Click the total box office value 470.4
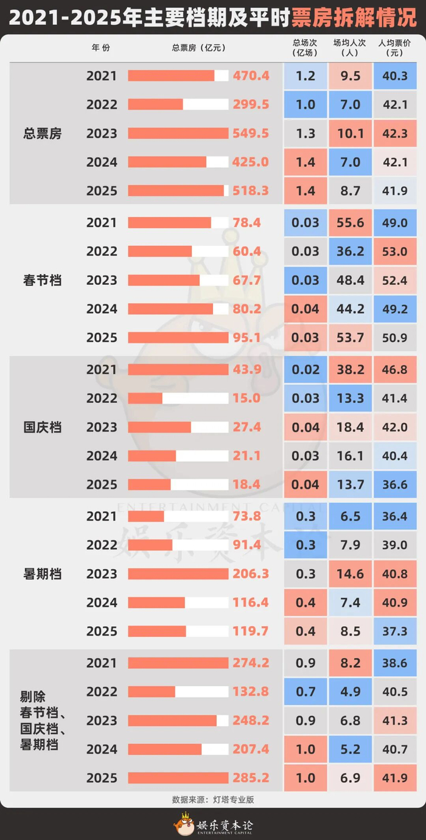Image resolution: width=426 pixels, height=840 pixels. click(251, 76)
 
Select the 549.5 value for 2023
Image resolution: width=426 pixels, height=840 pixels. click(251, 133)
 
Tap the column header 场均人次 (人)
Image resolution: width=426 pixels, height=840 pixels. click(351, 47)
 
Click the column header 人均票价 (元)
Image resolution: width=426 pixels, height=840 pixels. click(395, 47)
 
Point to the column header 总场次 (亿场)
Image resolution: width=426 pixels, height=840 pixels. click(306, 47)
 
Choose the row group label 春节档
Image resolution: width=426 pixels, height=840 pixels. click(42, 281)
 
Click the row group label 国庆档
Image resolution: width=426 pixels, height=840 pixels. click(42, 427)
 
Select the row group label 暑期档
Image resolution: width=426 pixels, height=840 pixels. click(42, 574)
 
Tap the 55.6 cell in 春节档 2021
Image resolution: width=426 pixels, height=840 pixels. click(351, 223)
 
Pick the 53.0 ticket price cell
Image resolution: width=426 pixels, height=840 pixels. click(396, 251)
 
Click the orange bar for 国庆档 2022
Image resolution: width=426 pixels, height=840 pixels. click(145, 398)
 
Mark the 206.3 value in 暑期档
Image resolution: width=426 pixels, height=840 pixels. click(251, 574)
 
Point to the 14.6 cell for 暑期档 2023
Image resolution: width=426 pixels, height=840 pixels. click(351, 574)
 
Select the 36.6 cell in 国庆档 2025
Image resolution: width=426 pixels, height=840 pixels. click(396, 485)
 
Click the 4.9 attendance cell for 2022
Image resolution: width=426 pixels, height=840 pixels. click(351, 691)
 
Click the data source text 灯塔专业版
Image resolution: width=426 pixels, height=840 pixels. click(229, 799)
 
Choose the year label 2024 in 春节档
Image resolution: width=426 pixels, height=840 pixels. click(102, 309)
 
